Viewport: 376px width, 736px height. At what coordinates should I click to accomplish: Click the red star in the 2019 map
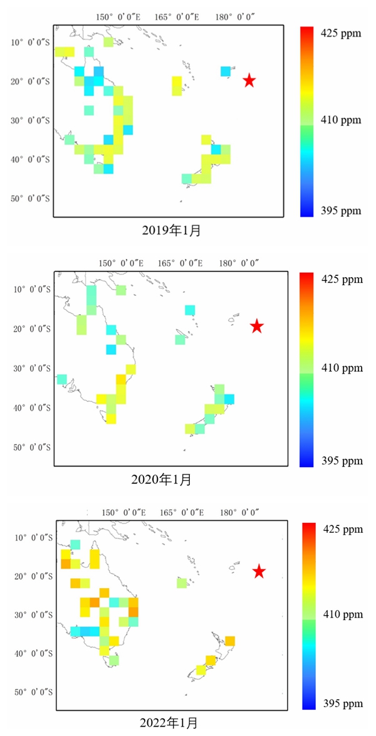click(x=249, y=80)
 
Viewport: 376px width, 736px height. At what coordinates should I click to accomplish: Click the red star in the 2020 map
click(x=256, y=326)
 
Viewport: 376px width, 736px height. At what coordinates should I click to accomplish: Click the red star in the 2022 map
click(x=259, y=571)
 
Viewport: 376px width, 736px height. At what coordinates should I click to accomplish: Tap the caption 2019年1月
click(x=171, y=231)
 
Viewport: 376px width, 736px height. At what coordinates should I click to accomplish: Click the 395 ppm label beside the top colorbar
click(x=341, y=211)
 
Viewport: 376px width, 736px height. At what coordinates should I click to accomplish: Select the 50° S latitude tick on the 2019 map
click(x=31, y=199)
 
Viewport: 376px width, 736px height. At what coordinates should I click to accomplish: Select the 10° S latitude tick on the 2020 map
click(x=31, y=289)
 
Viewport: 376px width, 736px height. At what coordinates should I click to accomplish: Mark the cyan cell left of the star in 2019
click(x=225, y=71)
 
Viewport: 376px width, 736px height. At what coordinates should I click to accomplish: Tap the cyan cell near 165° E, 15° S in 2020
click(x=190, y=310)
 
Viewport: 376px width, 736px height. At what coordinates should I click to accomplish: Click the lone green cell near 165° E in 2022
click(x=182, y=583)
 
